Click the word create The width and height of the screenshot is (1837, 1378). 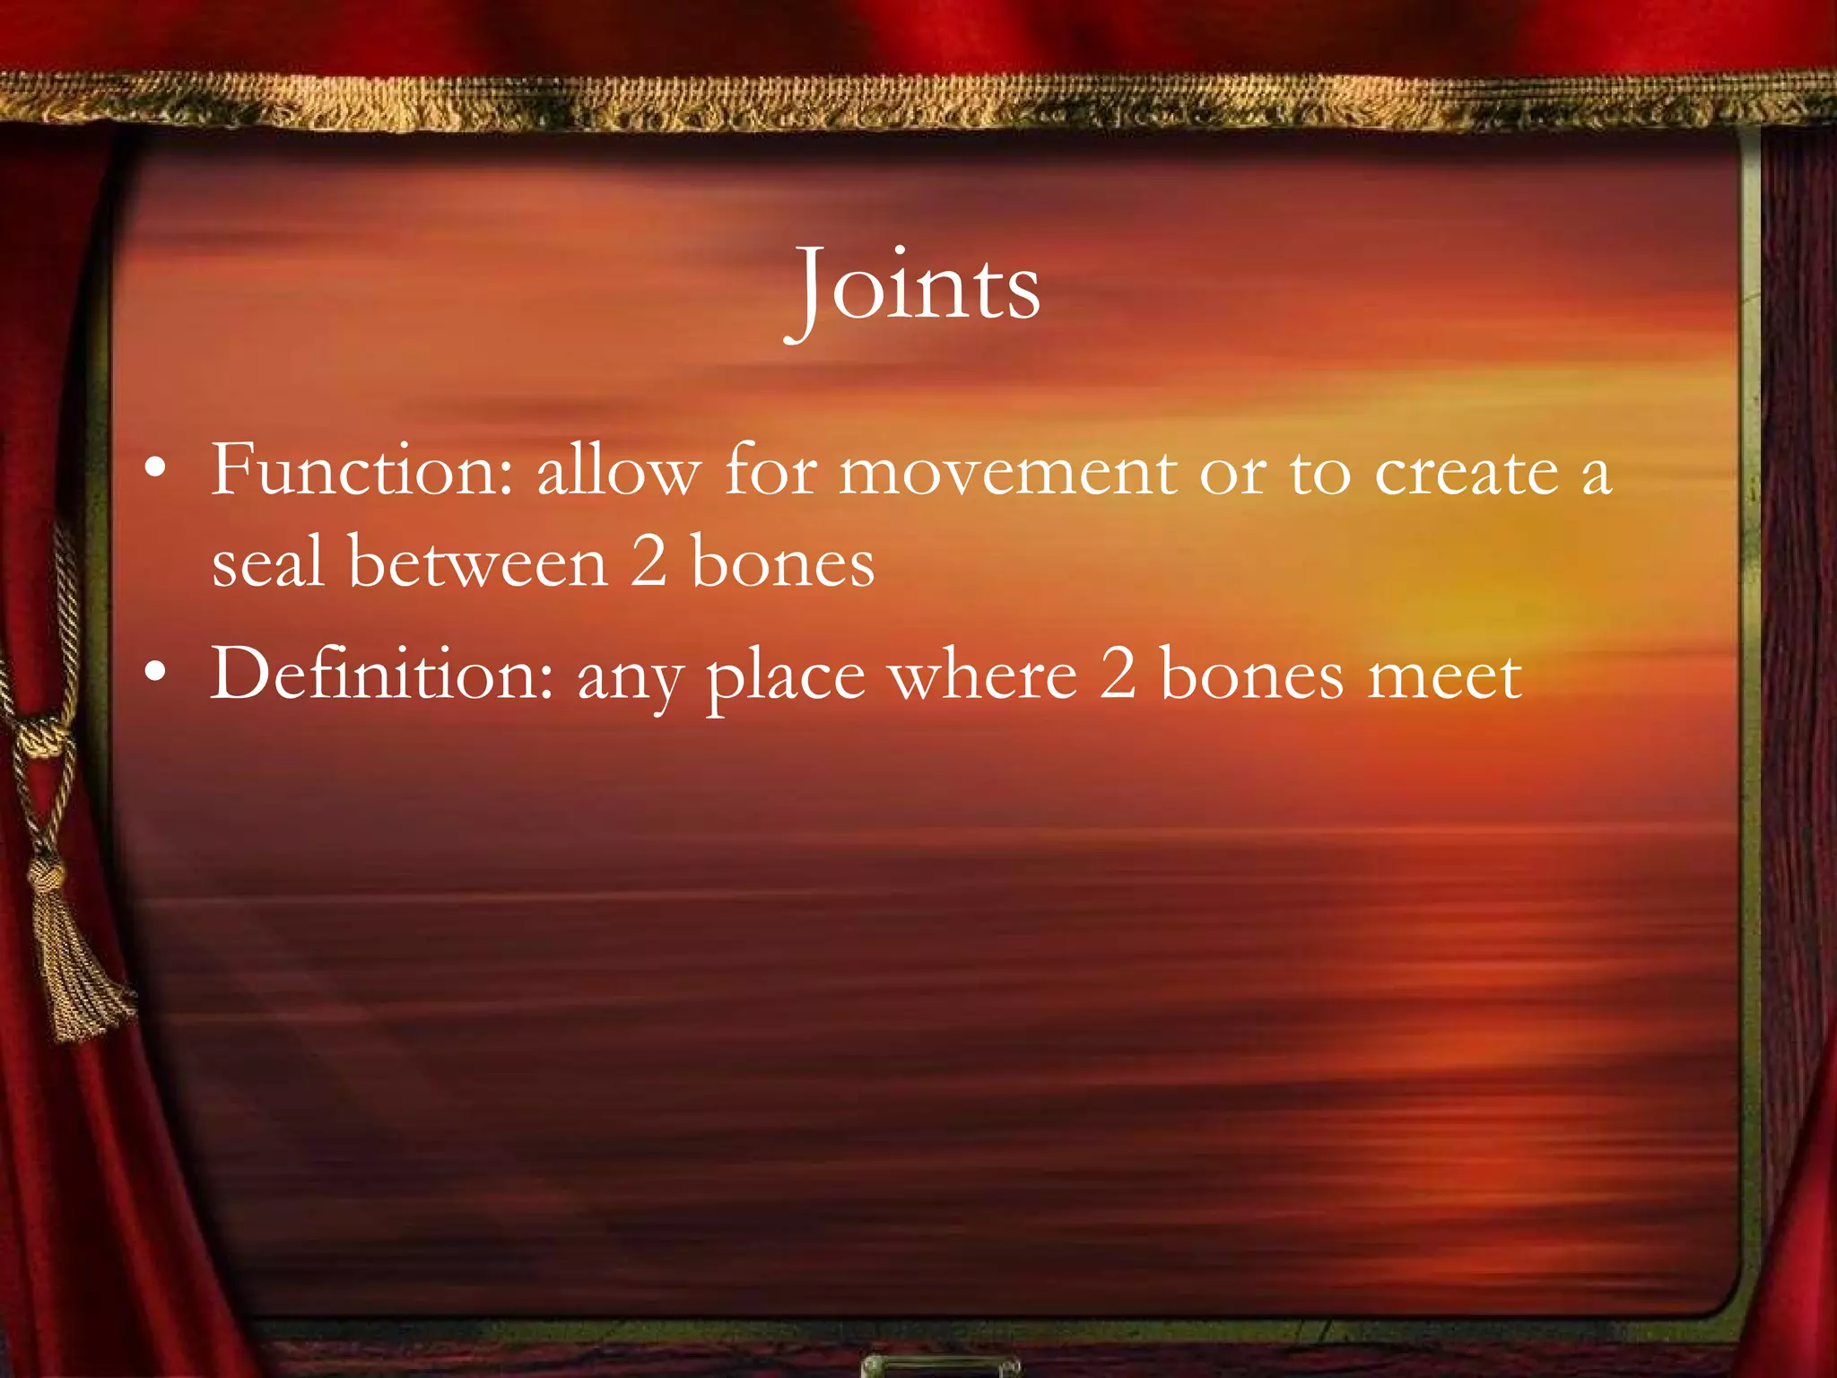pos(1467,472)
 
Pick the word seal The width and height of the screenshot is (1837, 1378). pos(267,563)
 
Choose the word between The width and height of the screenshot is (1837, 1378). pos(477,563)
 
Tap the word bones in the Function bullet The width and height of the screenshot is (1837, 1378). pos(782,564)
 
